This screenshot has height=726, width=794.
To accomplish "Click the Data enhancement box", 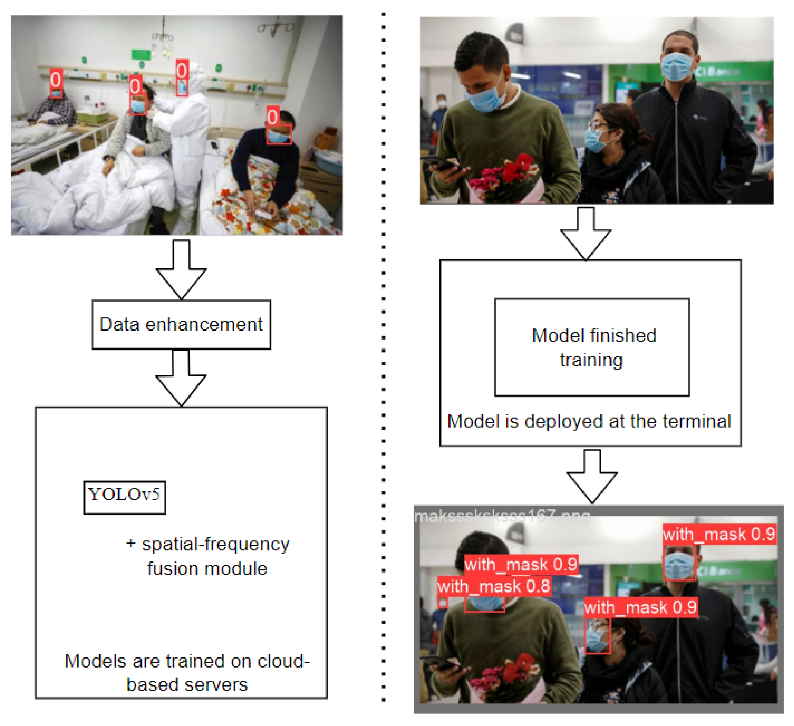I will (x=181, y=324).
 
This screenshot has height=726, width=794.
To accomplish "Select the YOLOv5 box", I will (x=124, y=497).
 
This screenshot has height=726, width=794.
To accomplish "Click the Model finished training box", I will (x=592, y=347).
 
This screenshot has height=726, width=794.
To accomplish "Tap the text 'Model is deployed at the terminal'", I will (x=589, y=421).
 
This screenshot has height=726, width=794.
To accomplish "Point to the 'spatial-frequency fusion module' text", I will (x=207, y=556).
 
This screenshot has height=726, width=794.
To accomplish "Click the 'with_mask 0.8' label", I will (x=494, y=587).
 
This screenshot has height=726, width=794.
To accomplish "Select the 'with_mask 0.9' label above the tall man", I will (x=719, y=535).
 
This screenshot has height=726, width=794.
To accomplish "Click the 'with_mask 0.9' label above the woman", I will (x=641, y=607).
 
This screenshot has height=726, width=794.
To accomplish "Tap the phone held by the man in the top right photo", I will (x=441, y=162).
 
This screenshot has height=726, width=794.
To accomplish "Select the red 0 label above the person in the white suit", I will (x=182, y=71).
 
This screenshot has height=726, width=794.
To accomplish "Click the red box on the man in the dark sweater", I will (x=279, y=135).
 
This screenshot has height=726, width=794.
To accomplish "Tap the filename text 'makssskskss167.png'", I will (x=502, y=516).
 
